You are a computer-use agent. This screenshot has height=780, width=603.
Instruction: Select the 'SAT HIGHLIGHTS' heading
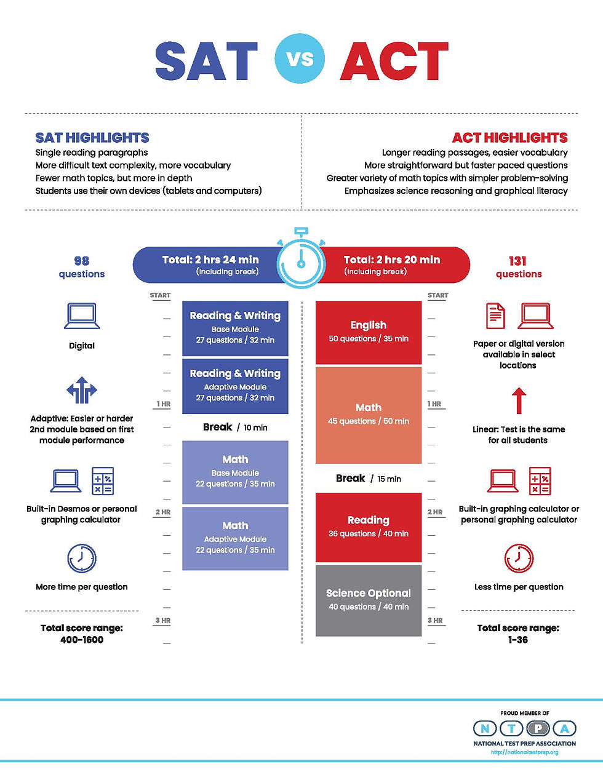[92, 138]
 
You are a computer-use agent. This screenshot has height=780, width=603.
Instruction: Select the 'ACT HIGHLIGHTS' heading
[509, 138]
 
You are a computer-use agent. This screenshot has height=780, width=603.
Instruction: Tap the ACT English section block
[369, 332]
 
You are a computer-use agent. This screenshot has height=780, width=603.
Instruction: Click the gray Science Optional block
[369, 600]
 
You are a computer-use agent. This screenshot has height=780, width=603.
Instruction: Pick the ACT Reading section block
[369, 527]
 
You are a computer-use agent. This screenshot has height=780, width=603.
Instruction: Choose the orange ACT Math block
[369, 415]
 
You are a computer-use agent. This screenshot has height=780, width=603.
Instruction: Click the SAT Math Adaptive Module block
[235, 538]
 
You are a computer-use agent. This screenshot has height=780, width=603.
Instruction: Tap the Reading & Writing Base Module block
[235, 328]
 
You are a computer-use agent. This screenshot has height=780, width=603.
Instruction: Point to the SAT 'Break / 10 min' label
[235, 428]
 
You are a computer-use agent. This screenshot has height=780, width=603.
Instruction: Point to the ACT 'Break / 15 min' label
[369, 479]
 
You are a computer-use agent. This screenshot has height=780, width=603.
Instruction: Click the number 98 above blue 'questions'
[81, 261]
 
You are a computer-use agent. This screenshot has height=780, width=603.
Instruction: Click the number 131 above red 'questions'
[518, 261]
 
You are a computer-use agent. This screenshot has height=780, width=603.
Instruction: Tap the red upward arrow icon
[519, 400]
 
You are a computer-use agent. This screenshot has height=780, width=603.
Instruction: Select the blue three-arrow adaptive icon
[82, 391]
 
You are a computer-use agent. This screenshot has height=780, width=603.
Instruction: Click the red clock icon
[519, 559]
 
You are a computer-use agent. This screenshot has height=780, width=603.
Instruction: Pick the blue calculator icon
[103, 481]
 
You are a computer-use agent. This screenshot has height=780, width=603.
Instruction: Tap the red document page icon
[495, 316]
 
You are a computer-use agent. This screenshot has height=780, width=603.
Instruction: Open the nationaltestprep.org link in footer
[524, 752]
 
